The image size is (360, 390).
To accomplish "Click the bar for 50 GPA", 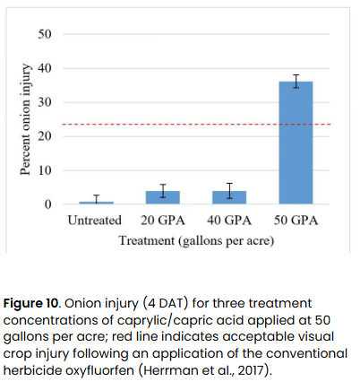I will (x=296, y=143).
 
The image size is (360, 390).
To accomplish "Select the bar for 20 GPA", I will (x=164, y=197).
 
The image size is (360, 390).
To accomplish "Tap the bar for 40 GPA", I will (x=229, y=197).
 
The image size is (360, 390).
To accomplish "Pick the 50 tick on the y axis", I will (x=45, y=34).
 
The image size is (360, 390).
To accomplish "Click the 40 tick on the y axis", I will (x=45, y=68).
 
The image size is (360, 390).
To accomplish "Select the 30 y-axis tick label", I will (x=45, y=102).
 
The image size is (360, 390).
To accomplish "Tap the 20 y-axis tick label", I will (x=45, y=136).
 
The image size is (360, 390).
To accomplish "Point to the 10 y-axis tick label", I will (x=45, y=170).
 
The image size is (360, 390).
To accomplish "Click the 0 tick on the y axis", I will (x=48, y=204).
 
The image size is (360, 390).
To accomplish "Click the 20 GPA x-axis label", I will (x=164, y=221).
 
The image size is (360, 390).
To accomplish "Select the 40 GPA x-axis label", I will (x=229, y=221).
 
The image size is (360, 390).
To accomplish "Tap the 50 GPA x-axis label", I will (x=296, y=221).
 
